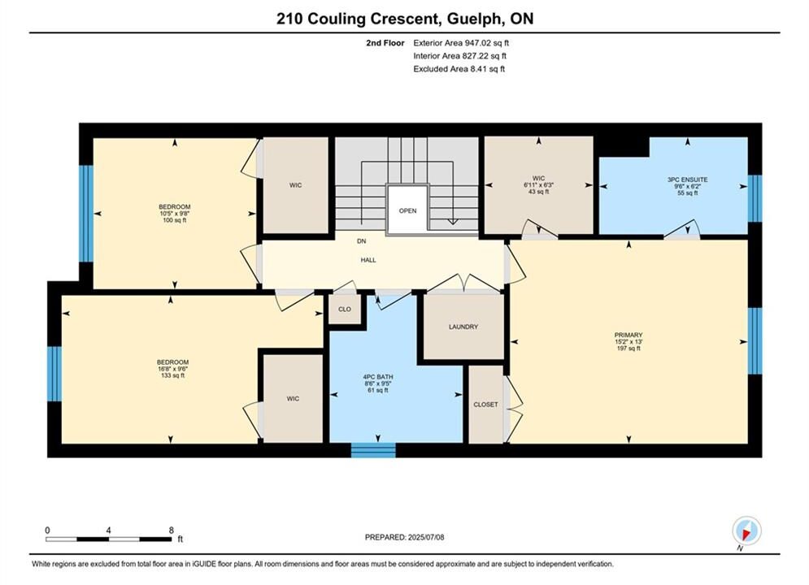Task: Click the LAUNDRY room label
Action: click(x=463, y=327)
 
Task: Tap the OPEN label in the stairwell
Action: click(x=407, y=210)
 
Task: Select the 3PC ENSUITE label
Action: click(x=687, y=180)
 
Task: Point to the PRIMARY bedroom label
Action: click(x=628, y=335)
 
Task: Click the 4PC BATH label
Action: click(x=378, y=377)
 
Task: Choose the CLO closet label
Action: click(x=345, y=310)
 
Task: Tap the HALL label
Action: click(x=368, y=260)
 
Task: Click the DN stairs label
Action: click(x=362, y=241)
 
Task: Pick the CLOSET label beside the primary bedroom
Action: click(x=486, y=405)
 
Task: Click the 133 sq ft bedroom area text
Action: click(x=173, y=375)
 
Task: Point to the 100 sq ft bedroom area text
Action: click(x=174, y=220)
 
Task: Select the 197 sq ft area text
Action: click(x=628, y=349)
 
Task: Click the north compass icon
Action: click(x=746, y=531)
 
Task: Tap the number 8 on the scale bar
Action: click(x=172, y=530)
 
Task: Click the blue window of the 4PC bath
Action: click(x=373, y=450)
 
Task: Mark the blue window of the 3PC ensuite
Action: click(x=755, y=198)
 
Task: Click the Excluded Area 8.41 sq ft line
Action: click(x=459, y=68)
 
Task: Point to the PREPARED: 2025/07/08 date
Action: click(x=405, y=537)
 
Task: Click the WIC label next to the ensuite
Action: click(x=538, y=178)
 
